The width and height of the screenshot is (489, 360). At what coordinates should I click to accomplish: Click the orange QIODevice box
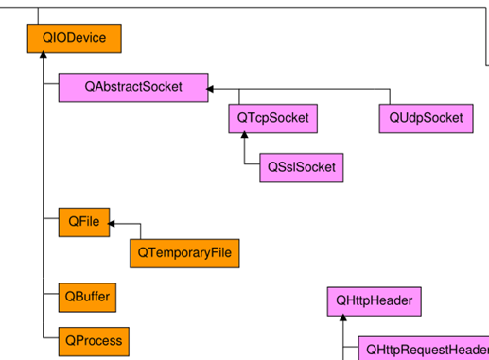pos(74,38)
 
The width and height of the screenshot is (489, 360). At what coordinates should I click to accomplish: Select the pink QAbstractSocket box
pos(132,87)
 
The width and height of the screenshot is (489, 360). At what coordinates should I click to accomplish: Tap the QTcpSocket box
pos(272,118)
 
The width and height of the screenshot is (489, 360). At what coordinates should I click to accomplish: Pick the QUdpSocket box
pos(426,118)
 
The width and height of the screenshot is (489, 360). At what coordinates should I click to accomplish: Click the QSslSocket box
pos(301,167)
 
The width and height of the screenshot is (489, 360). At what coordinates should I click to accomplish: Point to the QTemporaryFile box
pos(184,252)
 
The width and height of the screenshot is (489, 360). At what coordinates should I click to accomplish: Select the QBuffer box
pos(86,297)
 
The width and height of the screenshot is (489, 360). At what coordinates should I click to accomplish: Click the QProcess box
pos(92,339)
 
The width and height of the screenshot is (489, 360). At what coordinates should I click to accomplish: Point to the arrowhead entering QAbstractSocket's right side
pos(212,89)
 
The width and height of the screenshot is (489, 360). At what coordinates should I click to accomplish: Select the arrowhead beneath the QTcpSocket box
pos(244,137)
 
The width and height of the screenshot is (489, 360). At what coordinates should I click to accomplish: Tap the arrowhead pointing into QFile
pos(112,224)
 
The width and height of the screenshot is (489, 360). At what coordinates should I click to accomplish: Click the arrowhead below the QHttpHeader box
pos(343,321)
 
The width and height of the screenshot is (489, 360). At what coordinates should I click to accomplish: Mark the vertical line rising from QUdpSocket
pos(390,96)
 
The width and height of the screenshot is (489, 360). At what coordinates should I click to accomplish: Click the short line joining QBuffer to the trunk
pos(50,297)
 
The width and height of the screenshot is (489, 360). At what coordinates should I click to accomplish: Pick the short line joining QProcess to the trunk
pos(50,337)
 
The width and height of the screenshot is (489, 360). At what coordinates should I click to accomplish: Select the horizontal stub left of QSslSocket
pos(252,167)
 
